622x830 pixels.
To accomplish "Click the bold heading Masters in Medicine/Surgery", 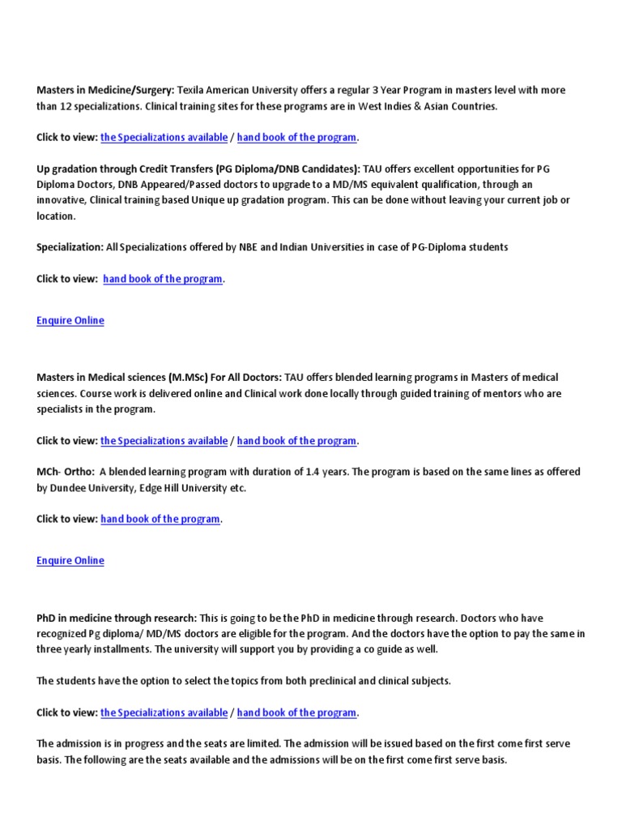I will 105,90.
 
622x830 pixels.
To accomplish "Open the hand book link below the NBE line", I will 163,279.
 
